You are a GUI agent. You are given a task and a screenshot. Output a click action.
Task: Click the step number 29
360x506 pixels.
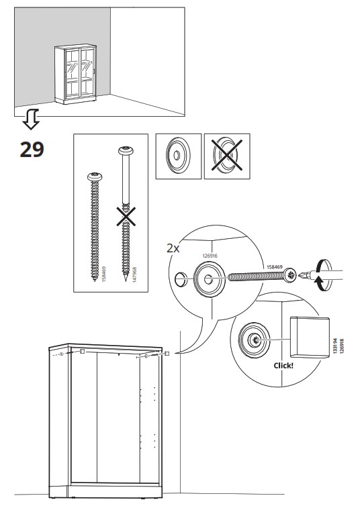(32, 150)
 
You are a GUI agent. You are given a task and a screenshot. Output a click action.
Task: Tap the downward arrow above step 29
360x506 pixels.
(31, 119)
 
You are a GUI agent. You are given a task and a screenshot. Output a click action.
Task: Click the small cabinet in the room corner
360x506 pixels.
(75, 74)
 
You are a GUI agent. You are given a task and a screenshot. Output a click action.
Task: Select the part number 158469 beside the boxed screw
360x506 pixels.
(104, 274)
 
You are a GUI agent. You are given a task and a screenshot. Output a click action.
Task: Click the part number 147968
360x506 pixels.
(134, 274)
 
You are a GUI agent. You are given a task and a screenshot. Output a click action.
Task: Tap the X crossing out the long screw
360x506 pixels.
(126, 217)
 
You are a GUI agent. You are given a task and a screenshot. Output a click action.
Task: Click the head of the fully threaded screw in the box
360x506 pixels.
(95, 176)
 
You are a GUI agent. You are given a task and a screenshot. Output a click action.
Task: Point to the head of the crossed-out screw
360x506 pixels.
(126, 150)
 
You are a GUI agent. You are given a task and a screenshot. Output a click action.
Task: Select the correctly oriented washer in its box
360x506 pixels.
(178, 156)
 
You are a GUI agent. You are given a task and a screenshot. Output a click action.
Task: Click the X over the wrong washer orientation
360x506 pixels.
(227, 156)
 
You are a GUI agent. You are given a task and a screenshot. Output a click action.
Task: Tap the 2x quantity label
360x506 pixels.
(173, 248)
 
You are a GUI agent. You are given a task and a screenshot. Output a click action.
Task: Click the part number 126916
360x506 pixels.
(210, 256)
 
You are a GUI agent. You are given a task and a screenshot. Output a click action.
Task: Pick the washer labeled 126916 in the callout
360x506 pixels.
(210, 279)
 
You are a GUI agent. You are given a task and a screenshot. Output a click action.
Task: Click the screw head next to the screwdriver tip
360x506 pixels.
(290, 276)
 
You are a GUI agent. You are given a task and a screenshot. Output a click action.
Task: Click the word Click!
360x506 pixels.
(283, 366)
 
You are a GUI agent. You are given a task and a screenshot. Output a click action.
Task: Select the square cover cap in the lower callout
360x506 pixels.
(310, 338)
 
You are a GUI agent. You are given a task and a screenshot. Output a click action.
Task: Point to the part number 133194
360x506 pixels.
(335, 346)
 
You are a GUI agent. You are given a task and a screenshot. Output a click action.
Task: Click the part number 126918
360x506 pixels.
(342, 346)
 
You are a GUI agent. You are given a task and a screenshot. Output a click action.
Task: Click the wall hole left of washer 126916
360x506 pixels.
(181, 279)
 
